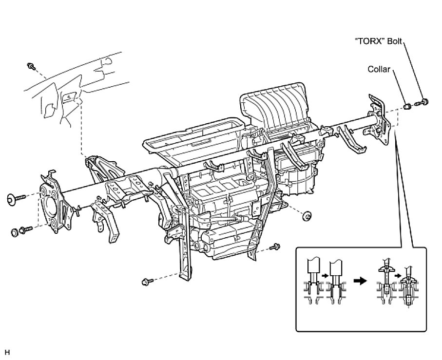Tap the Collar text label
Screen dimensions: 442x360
click(x=379, y=70)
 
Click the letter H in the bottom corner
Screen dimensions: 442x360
click(x=7, y=351)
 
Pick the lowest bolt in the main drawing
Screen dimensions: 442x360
click(x=146, y=282)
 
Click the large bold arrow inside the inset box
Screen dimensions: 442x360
click(x=360, y=282)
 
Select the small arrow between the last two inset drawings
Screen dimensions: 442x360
click(x=399, y=276)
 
